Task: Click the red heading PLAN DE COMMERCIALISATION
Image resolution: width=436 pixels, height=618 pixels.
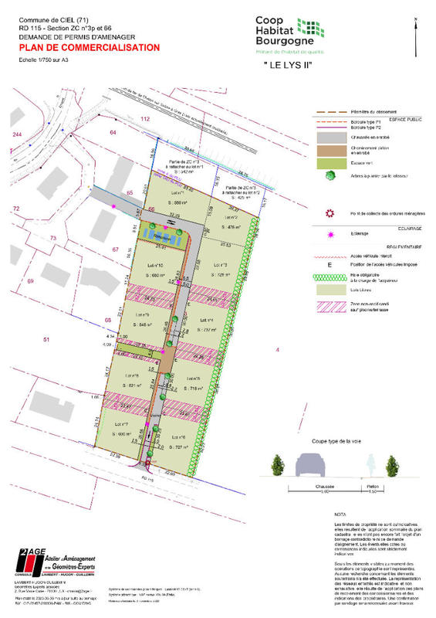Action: pyautogui.click(x=90, y=47)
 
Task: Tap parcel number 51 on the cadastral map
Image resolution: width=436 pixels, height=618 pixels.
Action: pyautogui.click(x=46, y=339)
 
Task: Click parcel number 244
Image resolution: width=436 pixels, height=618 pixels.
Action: pyautogui.click(x=17, y=135)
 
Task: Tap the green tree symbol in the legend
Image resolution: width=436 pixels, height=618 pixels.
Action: pyautogui.click(x=330, y=175)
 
